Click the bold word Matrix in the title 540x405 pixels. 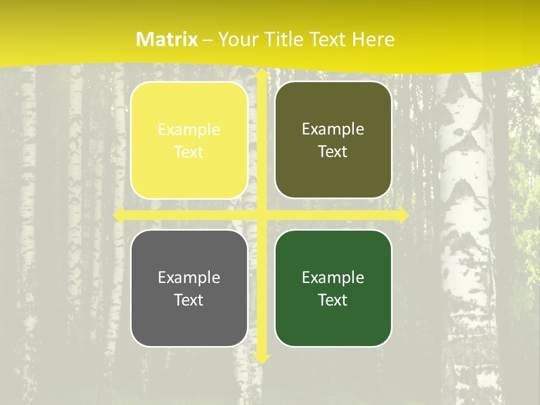tap(167, 39)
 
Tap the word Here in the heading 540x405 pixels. tap(373, 39)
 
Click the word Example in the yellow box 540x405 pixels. tap(189, 130)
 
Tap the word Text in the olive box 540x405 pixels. tap(333, 152)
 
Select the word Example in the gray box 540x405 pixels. tap(189, 278)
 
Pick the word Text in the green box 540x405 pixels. tap(333, 300)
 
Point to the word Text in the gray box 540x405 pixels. tap(189, 300)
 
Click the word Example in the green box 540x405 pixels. tap(333, 278)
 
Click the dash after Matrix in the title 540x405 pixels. tap(208, 40)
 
